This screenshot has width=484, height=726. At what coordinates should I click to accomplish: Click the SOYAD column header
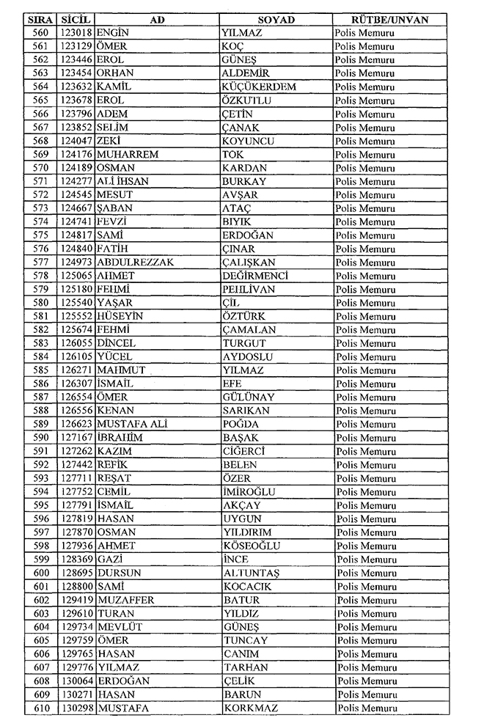click(x=276, y=20)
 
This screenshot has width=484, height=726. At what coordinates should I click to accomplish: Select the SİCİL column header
click(x=76, y=20)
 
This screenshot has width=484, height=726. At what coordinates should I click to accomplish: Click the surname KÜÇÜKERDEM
click(x=259, y=87)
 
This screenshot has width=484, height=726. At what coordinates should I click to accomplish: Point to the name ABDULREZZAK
click(x=135, y=263)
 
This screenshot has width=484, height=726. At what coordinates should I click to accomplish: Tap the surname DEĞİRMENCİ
click(x=254, y=276)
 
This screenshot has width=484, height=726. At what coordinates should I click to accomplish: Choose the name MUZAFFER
click(x=126, y=600)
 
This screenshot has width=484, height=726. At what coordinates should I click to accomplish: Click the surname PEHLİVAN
click(x=249, y=289)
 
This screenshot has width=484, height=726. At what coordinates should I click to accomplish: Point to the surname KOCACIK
click(x=247, y=586)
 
